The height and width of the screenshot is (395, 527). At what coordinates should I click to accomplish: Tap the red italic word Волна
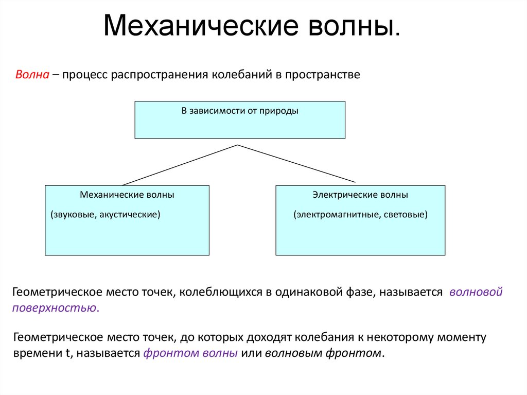click(32, 75)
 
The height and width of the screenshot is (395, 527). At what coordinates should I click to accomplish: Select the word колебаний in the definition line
click(241, 75)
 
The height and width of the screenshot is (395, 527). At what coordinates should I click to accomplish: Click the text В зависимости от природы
click(240, 111)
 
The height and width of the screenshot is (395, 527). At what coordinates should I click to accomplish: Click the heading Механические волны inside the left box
click(127, 195)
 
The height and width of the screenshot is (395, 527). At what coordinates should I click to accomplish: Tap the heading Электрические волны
click(360, 195)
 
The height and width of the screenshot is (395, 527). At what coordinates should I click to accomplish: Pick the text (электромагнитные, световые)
click(361, 214)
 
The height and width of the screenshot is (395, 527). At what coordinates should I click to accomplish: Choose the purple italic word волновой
click(475, 293)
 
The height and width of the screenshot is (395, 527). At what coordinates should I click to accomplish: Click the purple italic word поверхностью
click(54, 308)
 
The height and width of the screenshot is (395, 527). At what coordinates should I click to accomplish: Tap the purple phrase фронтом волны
click(190, 354)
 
